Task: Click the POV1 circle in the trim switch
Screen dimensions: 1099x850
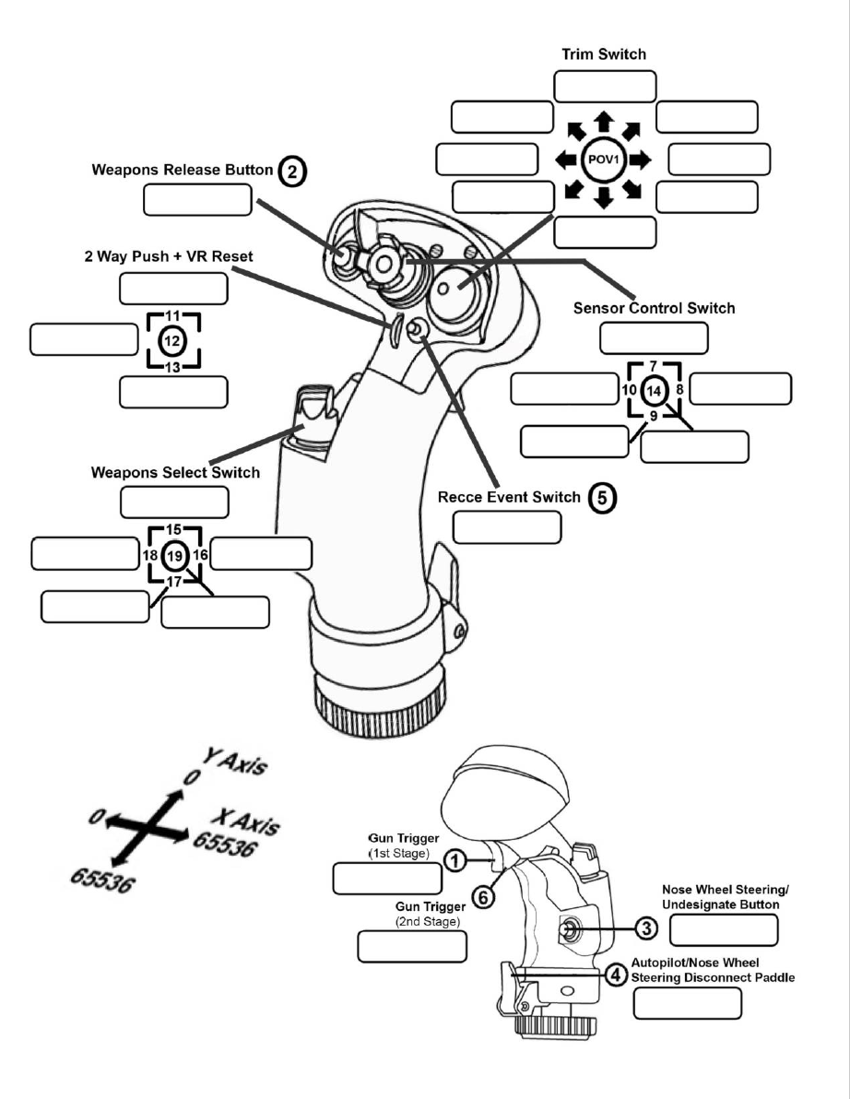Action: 604,160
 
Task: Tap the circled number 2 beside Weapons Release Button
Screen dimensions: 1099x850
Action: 292,171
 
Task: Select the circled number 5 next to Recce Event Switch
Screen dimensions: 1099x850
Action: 600,498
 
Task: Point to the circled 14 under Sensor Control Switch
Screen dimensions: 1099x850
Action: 654,390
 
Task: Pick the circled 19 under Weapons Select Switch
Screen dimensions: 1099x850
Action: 174,556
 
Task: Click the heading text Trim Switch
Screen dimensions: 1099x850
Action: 604,54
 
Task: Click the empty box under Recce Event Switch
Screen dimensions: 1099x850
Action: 507,526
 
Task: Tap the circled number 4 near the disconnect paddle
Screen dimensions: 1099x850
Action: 618,972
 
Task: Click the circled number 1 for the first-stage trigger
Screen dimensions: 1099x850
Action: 454,859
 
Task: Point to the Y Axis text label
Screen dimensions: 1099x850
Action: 236,764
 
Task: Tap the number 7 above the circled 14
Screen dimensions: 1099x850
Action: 653,366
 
